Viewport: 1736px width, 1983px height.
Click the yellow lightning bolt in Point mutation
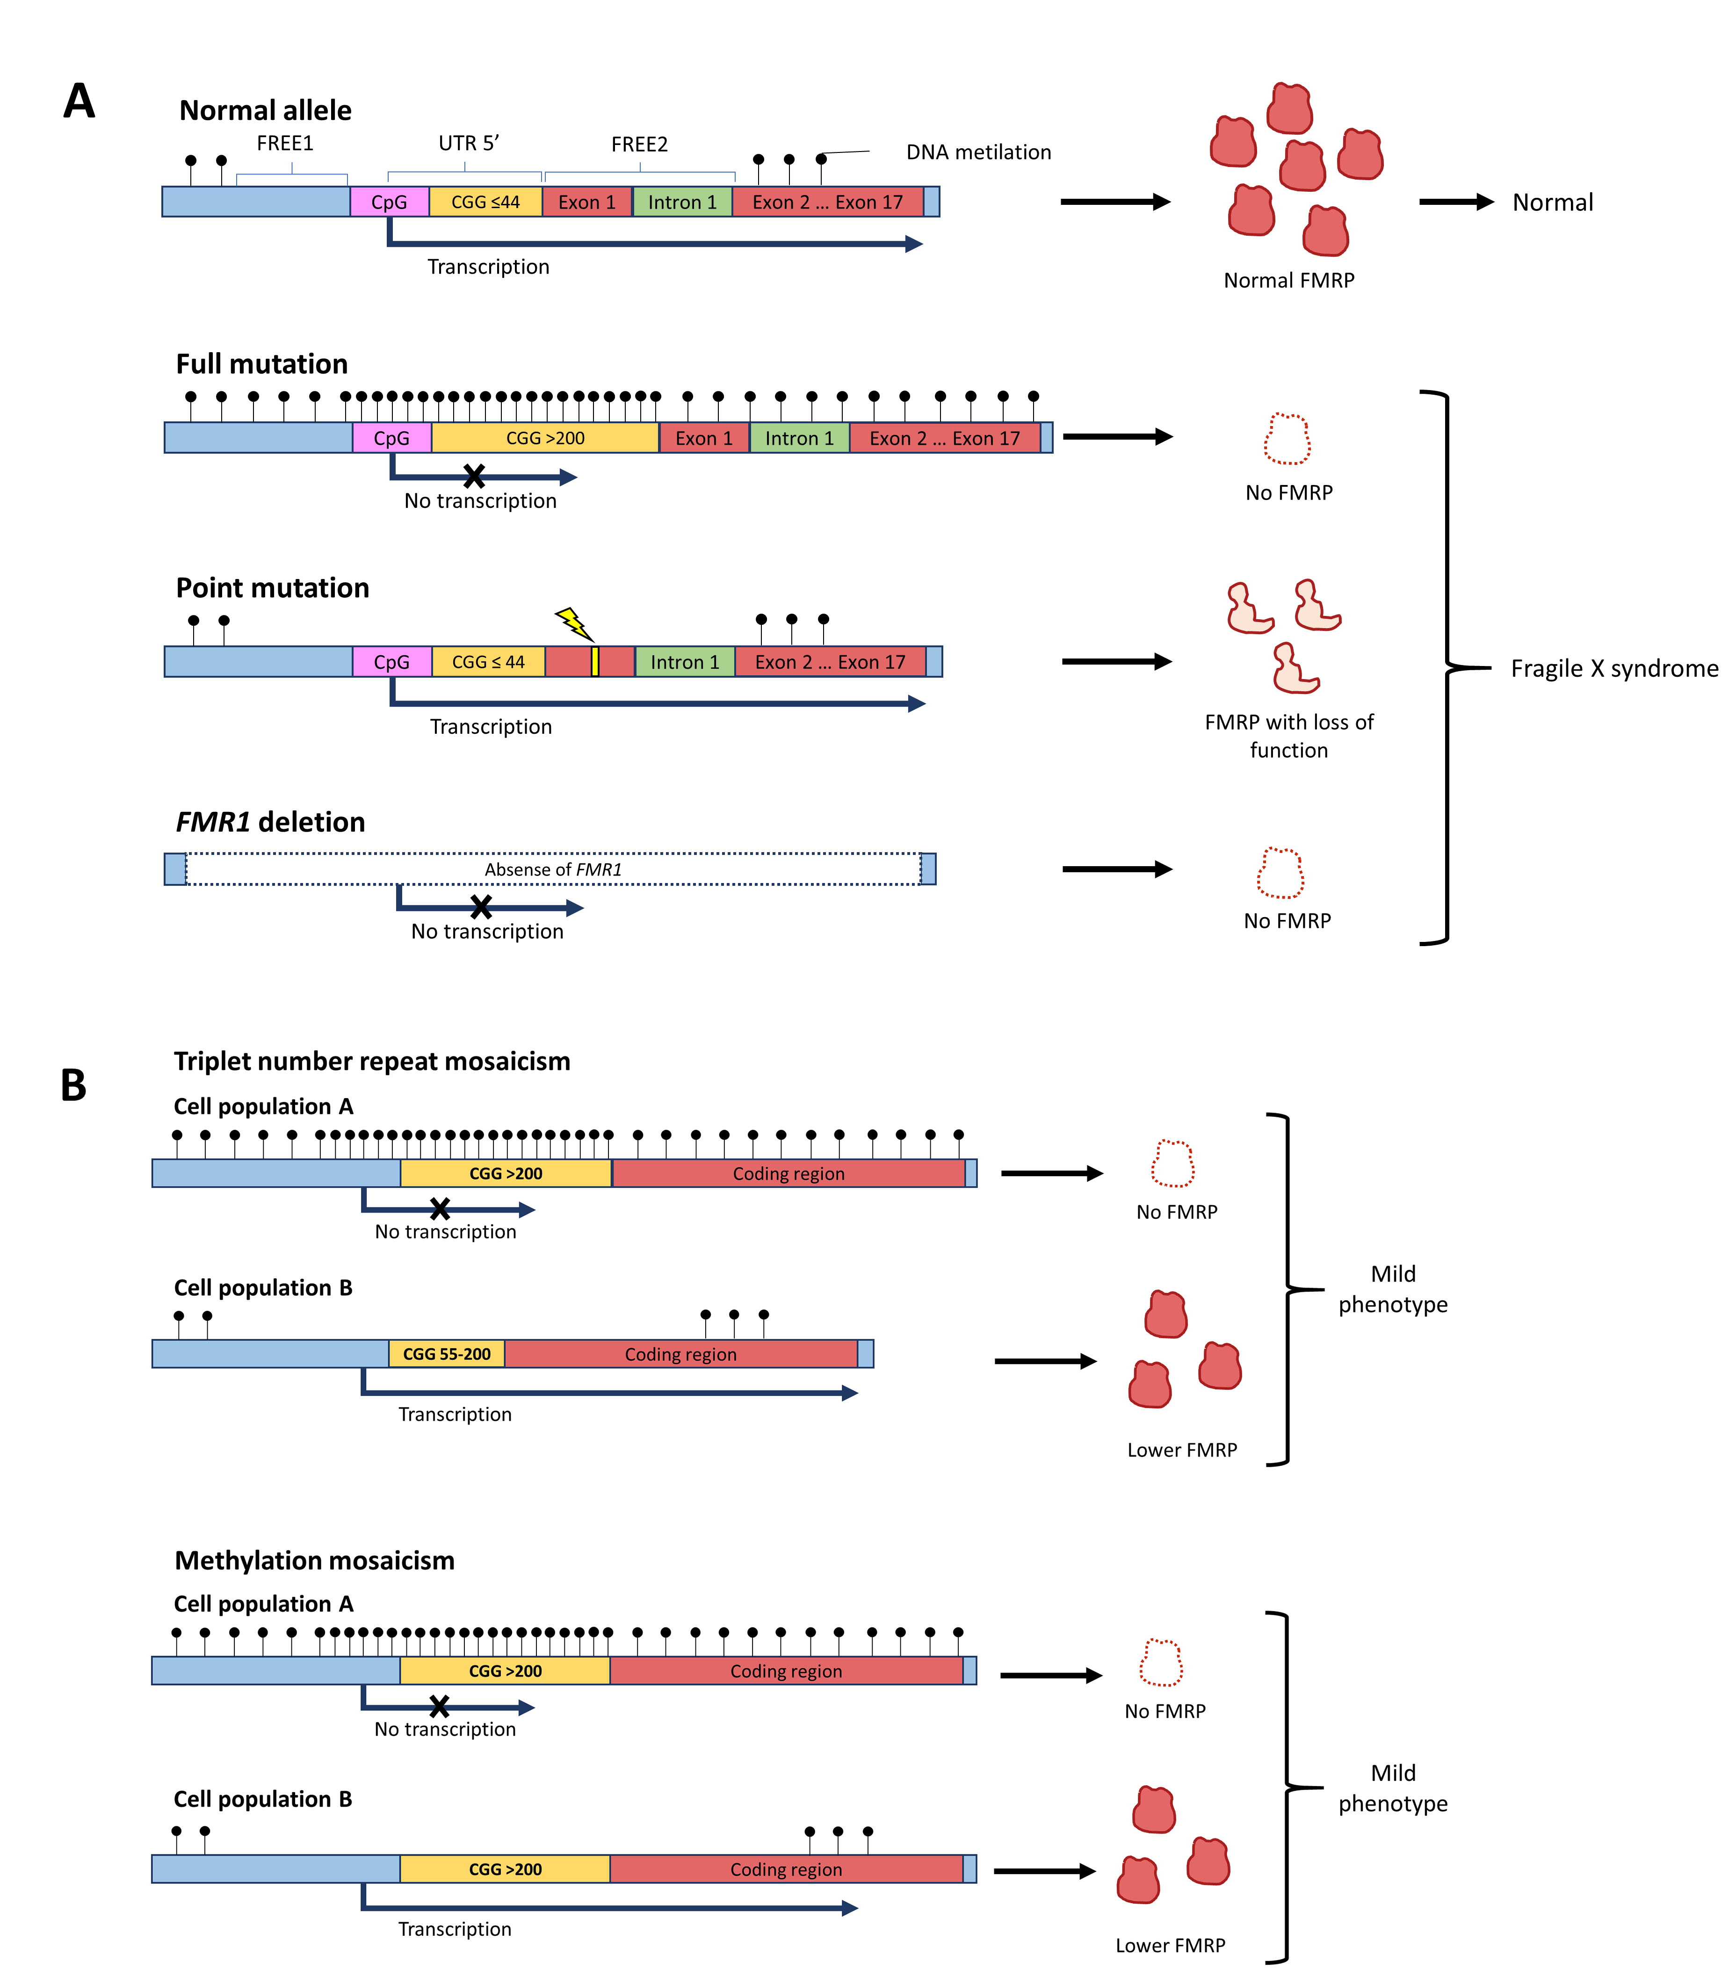573,623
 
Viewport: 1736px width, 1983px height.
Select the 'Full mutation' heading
261,364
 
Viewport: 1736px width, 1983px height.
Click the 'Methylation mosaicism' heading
314,1561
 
